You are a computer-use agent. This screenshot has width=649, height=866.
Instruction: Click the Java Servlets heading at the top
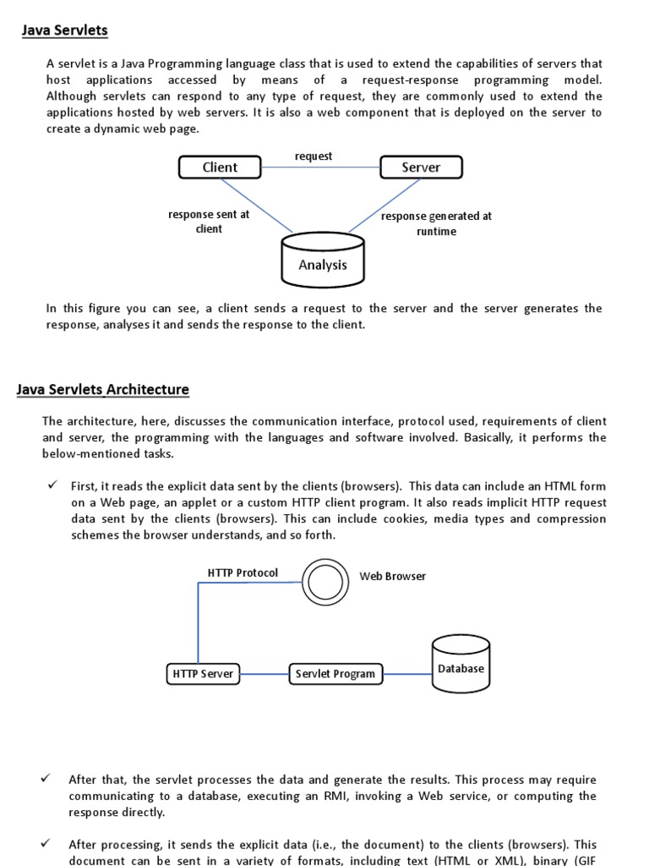(x=65, y=31)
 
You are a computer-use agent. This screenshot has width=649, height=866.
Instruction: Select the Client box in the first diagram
(x=220, y=167)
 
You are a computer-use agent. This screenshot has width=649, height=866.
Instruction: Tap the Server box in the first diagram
(x=421, y=167)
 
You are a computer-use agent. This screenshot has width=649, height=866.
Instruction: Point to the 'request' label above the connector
(x=314, y=156)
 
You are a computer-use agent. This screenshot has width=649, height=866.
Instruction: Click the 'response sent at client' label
(x=209, y=222)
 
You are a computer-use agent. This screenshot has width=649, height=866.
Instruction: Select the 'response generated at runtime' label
(x=436, y=223)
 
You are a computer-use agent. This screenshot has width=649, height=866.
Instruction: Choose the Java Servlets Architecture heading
(x=103, y=390)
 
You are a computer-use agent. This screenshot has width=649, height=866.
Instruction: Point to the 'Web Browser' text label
(x=393, y=577)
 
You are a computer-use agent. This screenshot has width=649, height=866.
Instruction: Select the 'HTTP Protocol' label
(x=243, y=573)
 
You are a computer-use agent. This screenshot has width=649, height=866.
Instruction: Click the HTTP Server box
(x=202, y=674)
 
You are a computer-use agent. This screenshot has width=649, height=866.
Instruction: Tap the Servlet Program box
(x=335, y=674)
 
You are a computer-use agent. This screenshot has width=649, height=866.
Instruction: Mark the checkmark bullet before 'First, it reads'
(x=52, y=485)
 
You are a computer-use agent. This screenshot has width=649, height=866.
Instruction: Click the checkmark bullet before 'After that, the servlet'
(x=46, y=779)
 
